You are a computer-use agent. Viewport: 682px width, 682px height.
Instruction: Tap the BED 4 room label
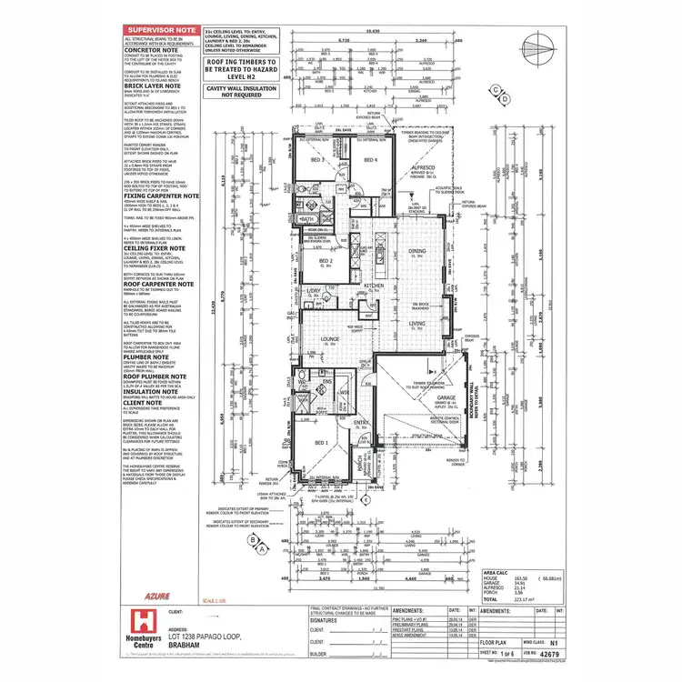point(369,160)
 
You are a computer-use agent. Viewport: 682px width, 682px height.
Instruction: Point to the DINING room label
point(417,251)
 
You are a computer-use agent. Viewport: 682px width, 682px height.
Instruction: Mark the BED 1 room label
point(320,442)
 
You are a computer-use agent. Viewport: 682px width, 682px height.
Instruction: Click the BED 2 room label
point(323,261)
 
